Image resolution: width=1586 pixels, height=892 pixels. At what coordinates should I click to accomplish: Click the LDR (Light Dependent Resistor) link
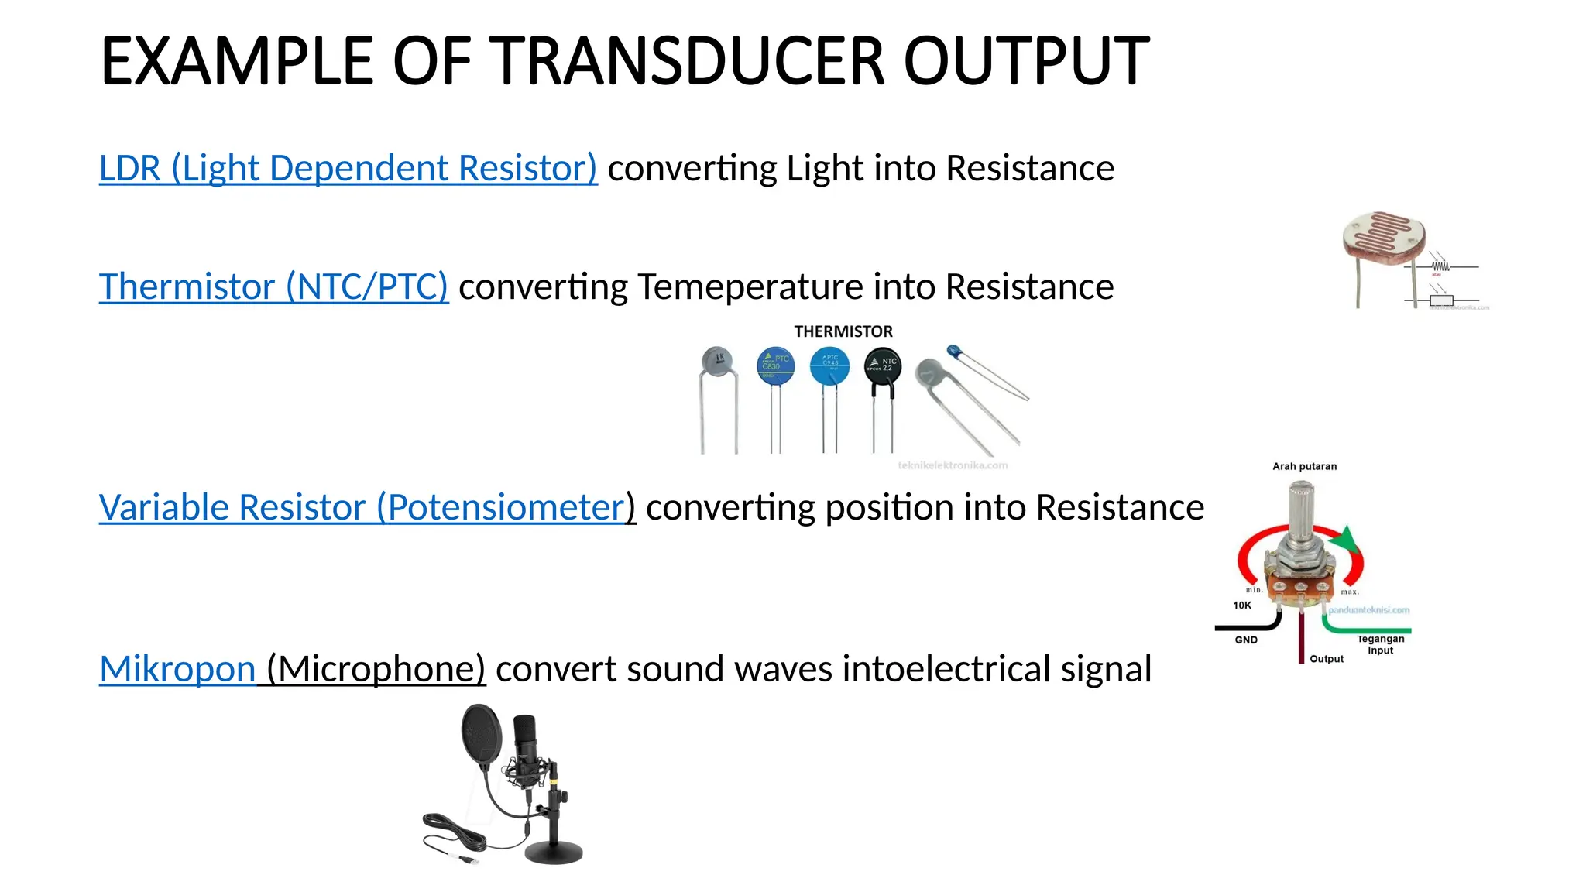348,168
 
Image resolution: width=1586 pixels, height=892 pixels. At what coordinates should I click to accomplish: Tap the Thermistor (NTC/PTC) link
273,286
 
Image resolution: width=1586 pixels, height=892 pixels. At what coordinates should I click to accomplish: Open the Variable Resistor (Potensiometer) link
366,507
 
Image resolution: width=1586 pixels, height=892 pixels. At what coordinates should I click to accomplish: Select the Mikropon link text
177,668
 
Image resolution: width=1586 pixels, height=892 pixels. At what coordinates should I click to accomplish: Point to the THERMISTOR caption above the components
843,331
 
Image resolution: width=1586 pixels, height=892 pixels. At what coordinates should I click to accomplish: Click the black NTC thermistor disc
882,365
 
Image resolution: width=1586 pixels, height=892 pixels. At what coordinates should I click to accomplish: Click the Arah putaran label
1304,466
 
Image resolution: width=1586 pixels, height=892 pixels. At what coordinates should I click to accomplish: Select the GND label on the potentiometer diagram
1246,640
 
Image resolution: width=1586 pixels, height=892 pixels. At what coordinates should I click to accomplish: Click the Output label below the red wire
1327,659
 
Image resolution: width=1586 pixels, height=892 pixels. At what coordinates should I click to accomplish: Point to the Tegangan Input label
1380,644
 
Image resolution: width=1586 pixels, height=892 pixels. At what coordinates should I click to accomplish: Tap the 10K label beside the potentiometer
1242,606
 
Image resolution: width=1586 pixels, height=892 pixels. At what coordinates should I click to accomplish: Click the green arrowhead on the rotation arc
1348,538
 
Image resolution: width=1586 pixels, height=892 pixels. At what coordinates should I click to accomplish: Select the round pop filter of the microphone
480,736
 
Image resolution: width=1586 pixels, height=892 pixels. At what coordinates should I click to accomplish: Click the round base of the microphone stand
554,852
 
